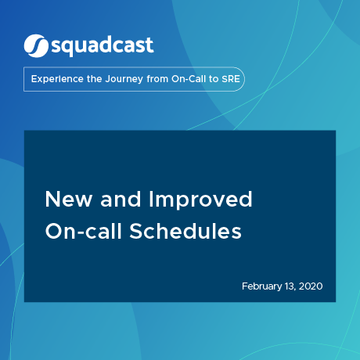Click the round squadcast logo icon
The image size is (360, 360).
36,45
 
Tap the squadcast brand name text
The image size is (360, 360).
102,46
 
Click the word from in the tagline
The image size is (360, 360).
160,80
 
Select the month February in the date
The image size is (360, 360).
265,287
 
